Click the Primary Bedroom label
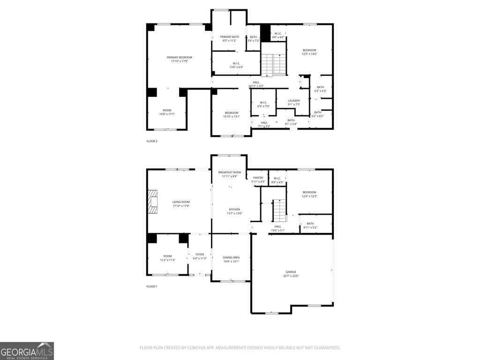point(180,57)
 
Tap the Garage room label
point(291,272)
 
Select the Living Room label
point(181,202)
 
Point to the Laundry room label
point(294,100)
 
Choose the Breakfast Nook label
point(230,172)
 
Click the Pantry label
point(258,178)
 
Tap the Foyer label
point(200,255)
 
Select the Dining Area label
point(232,257)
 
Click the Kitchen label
point(234,210)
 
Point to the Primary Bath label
point(230,37)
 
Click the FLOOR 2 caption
point(152,141)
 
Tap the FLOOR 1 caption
point(152,286)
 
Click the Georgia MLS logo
point(27,351)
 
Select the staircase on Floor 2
point(273,65)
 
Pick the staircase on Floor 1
point(279,210)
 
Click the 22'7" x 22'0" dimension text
point(291,276)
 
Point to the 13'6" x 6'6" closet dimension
point(236,67)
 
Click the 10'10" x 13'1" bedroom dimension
point(232,117)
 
